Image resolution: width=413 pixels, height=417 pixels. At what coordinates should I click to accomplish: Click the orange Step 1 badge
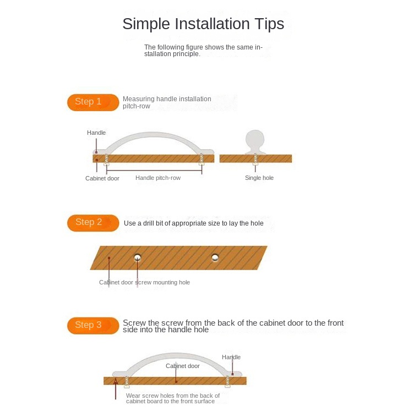coord(93,102)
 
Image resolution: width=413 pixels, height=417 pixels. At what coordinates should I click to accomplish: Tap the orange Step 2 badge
coord(93,223)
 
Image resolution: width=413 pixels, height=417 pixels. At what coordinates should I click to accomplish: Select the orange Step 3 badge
coord(93,326)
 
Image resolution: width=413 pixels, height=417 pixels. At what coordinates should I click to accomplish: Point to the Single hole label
coord(259,178)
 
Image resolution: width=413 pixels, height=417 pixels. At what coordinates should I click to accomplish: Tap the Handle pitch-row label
coord(158,178)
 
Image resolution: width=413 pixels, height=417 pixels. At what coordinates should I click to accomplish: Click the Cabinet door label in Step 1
coord(102,178)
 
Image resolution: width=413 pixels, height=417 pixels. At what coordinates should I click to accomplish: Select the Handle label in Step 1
coord(96,133)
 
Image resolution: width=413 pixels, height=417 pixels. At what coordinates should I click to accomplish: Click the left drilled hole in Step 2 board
coord(138,257)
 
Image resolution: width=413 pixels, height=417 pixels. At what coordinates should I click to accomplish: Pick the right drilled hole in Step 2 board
coord(215,257)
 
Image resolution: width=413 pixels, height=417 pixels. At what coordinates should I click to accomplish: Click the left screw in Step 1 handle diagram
coord(106,160)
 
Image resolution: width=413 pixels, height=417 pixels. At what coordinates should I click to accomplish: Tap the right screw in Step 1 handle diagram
coord(202,160)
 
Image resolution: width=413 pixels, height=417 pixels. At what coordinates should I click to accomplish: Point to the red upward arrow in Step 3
coord(116,389)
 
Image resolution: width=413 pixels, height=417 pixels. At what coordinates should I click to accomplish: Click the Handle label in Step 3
coord(231,357)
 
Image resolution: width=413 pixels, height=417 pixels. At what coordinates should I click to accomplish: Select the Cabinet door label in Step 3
coord(183,366)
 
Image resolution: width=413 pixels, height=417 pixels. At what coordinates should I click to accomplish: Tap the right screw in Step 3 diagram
coord(227,382)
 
